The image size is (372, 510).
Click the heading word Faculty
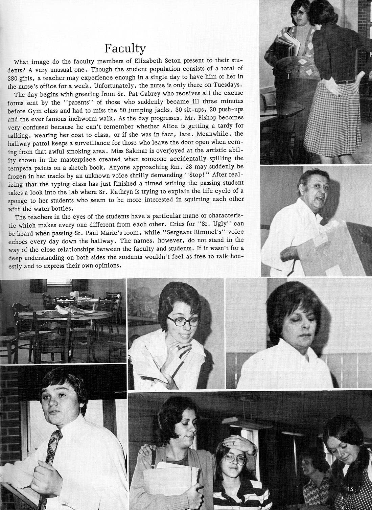(x=125, y=48)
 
